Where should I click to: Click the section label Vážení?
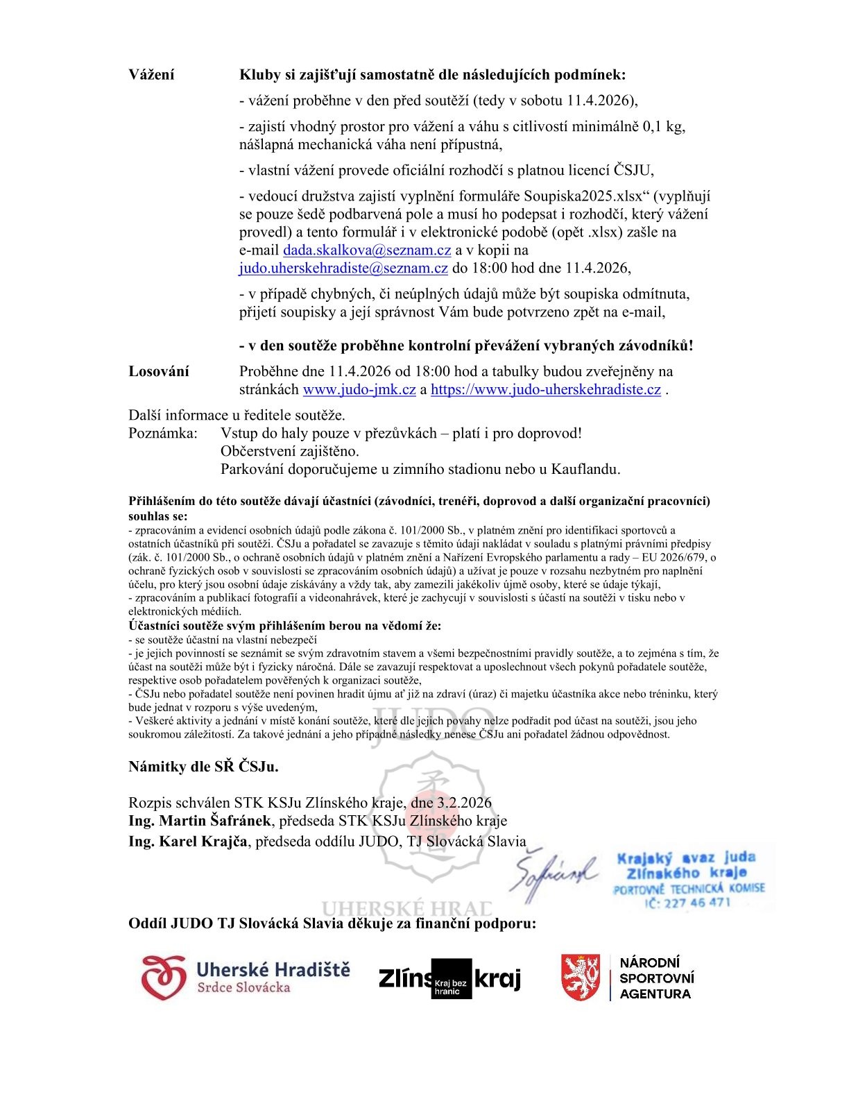click(x=151, y=75)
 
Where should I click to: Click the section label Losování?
click(x=158, y=371)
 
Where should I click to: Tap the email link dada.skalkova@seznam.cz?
click(x=367, y=250)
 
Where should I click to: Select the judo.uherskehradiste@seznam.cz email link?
click(x=343, y=269)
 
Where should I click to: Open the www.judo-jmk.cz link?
click(x=359, y=389)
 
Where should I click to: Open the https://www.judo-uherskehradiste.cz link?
click(x=545, y=389)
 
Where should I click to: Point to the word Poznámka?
click(x=163, y=433)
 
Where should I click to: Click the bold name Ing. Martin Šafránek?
click(x=201, y=821)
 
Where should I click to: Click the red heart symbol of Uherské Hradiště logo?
click(x=164, y=978)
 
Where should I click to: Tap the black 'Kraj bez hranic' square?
click(x=452, y=979)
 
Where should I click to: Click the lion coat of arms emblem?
click(x=580, y=978)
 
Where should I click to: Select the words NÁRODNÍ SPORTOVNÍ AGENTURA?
click(x=655, y=978)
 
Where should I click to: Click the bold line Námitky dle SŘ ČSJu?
click(x=203, y=767)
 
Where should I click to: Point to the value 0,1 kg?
click(x=664, y=127)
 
